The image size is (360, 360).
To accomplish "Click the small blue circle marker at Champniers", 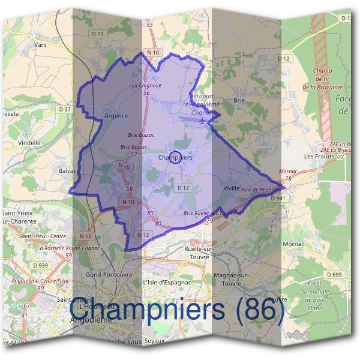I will pos(175,158).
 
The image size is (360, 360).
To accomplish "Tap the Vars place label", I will pos(41,44).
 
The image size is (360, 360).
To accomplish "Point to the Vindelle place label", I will pos(29,143).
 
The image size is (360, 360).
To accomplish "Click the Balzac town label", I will pos(67,170).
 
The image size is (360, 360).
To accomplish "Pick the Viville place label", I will pos(232,188).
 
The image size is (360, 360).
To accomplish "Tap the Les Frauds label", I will pos(319,156).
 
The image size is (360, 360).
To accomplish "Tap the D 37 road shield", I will pos(64,109).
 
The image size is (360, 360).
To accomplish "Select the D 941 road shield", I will pos(277,197).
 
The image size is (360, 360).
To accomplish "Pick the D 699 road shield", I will pos(334,274).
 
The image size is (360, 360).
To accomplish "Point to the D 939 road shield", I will pos(41,265).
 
